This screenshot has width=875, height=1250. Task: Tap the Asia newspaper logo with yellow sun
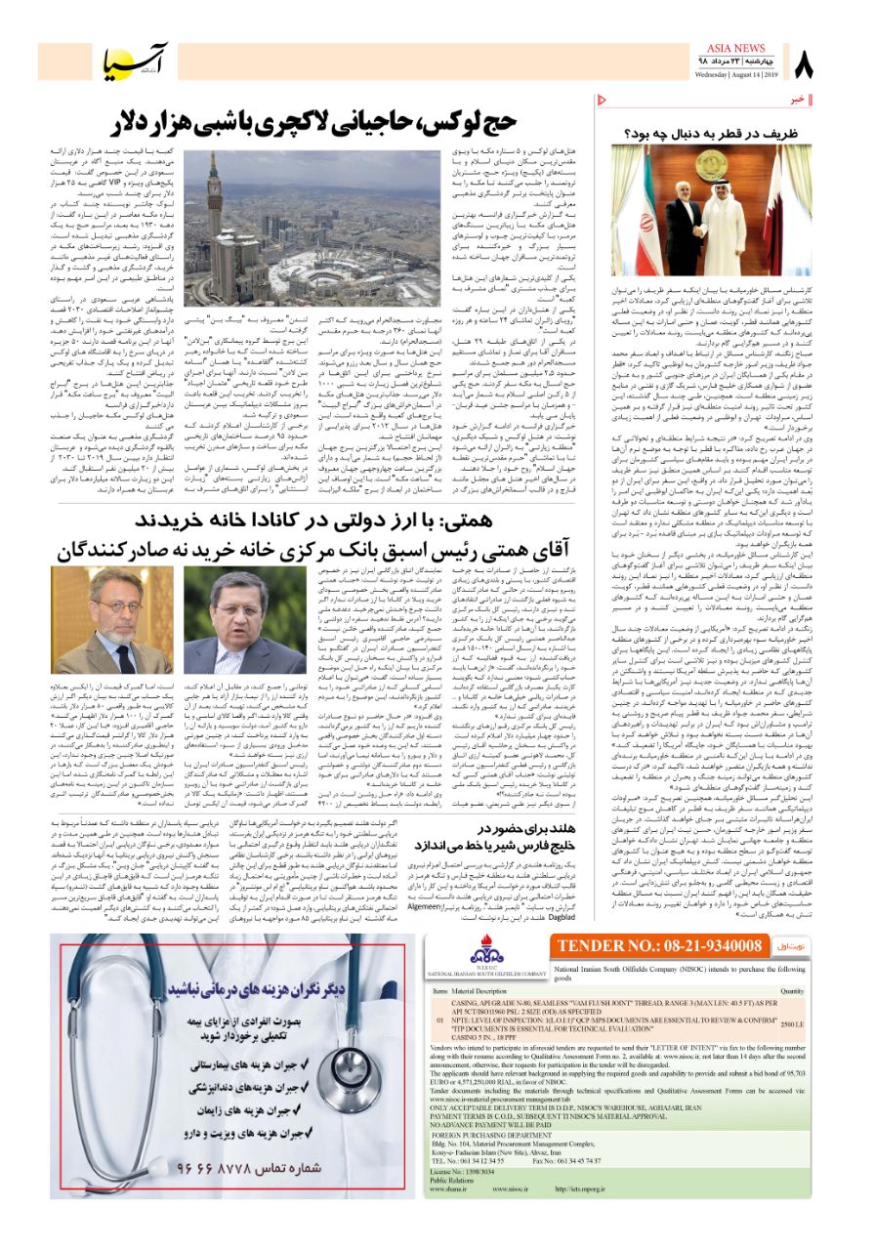click(x=138, y=62)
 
